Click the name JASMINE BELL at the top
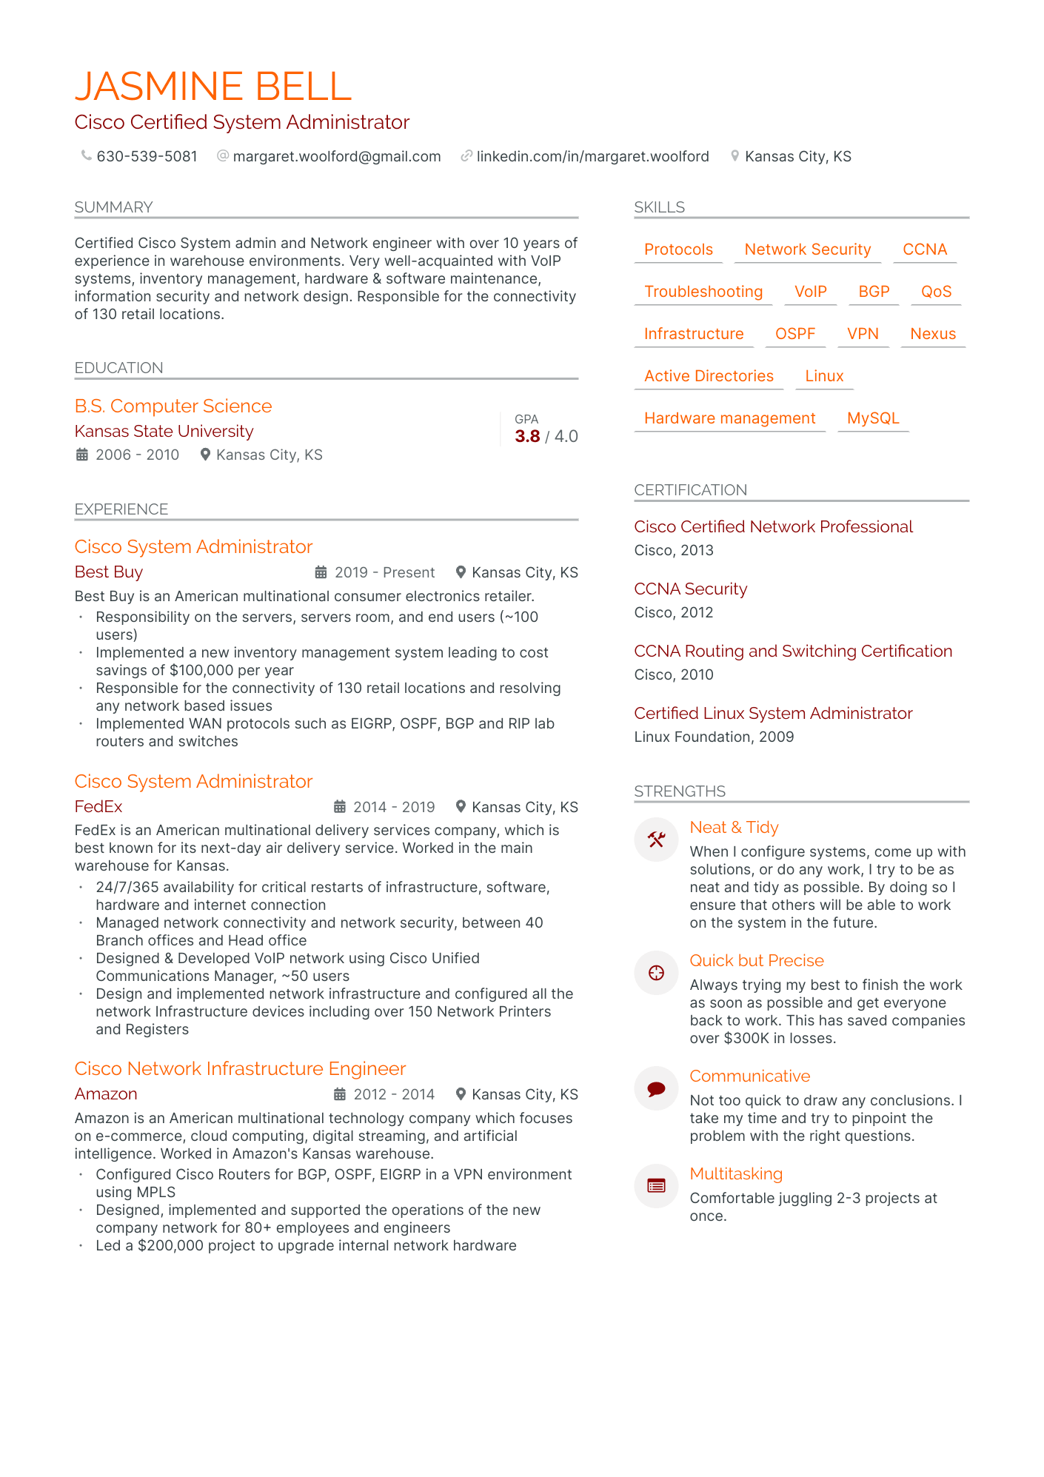(x=213, y=87)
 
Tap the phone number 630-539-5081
(x=147, y=156)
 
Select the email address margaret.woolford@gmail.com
(x=336, y=156)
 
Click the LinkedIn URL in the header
(x=592, y=156)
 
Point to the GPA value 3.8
(x=527, y=436)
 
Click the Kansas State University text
(x=164, y=431)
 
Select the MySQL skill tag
(x=873, y=418)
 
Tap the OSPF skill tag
(x=794, y=334)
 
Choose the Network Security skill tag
(x=807, y=249)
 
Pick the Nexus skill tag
(x=933, y=334)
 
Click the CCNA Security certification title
(x=690, y=589)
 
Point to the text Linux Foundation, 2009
(x=714, y=737)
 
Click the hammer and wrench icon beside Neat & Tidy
(x=656, y=840)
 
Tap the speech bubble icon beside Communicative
(x=656, y=1088)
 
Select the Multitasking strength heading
(x=736, y=1173)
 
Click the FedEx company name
(x=98, y=806)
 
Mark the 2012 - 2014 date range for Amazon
(x=394, y=1094)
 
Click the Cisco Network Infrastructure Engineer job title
(x=240, y=1068)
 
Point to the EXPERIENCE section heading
(x=121, y=509)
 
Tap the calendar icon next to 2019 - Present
(x=321, y=572)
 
